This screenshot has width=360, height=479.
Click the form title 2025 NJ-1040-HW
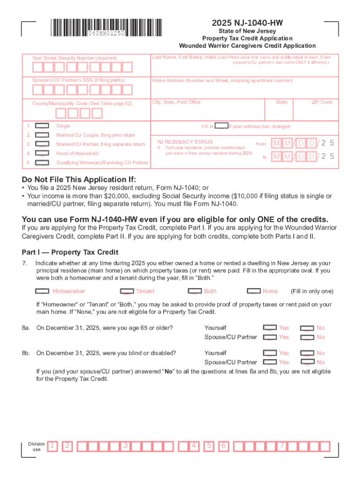[247, 23]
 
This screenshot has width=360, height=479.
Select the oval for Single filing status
[43, 126]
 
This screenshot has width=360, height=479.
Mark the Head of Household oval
[43, 153]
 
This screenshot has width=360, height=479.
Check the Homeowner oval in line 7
[43, 291]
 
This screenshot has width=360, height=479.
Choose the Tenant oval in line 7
[127, 291]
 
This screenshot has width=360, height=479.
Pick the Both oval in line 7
[194, 291]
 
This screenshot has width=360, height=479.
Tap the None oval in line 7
[254, 291]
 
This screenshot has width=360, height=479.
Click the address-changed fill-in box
[221, 126]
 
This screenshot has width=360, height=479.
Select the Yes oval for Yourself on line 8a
[270, 328]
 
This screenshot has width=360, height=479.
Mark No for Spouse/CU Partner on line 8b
[307, 362]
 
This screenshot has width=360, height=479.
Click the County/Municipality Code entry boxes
[79, 113]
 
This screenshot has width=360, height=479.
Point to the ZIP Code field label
[322, 102]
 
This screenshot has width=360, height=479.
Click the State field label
[281, 102]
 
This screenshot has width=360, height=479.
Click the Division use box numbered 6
[224, 446]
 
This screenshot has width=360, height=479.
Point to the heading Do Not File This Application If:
[79, 180]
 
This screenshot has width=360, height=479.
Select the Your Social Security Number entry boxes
[81, 67]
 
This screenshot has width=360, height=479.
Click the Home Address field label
[222, 80]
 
